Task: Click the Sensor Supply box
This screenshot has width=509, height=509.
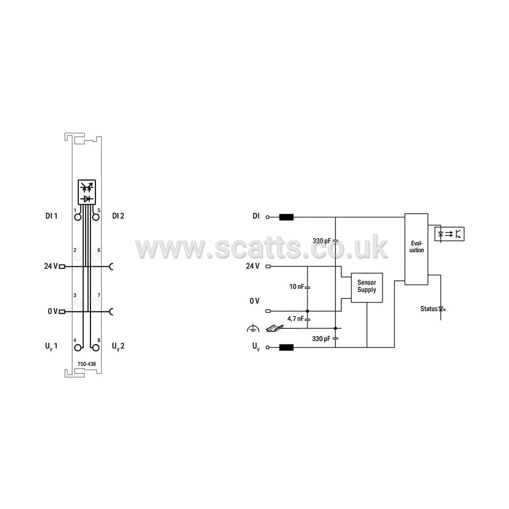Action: point(367,288)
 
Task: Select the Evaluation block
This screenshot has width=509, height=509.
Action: point(416,249)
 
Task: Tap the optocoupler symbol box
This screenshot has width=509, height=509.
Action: point(450,234)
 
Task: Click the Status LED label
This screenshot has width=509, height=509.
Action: point(429,309)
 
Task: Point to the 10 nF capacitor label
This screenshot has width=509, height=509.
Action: point(297,286)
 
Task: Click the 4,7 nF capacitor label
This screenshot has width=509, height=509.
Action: point(295,318)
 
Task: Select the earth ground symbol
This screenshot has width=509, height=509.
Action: point(253,328)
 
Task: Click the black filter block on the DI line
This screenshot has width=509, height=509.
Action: point(286,217)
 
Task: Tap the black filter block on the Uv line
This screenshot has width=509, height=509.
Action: point(286,347)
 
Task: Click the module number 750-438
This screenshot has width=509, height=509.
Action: point(87,364)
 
